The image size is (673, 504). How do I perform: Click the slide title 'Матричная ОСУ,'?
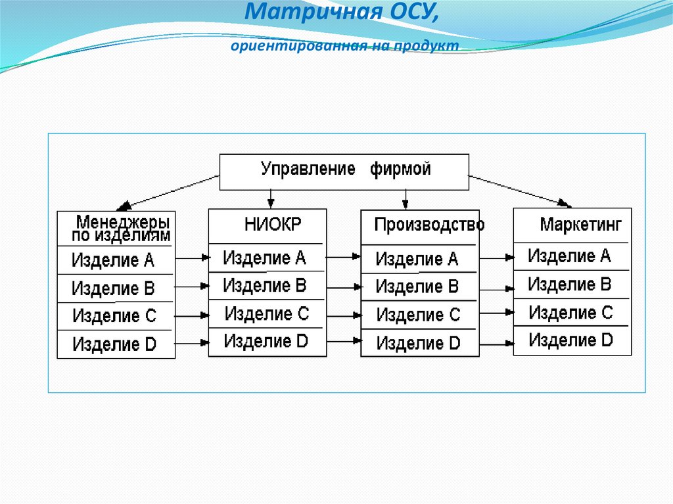342,12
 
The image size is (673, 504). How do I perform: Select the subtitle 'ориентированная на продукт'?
344,45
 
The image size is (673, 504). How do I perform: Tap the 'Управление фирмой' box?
344,172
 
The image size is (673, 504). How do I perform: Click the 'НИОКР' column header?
273,225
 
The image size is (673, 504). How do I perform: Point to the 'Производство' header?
429,225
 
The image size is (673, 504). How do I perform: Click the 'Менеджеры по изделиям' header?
121,229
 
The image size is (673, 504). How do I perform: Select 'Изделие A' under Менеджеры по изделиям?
113,260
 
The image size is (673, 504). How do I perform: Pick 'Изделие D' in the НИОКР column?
266,341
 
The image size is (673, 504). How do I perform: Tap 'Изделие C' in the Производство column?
418,315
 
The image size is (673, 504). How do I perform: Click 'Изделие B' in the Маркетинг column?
570,284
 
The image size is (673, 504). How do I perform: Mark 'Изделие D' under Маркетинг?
570,340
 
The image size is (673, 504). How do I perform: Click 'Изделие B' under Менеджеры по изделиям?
113,288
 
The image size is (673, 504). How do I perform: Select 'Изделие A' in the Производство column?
417,260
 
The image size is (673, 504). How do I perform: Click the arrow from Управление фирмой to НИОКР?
270,199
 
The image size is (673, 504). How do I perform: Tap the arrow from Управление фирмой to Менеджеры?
168,193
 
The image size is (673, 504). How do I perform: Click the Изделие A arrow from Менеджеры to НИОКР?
193,258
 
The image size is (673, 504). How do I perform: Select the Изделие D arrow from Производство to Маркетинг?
497,344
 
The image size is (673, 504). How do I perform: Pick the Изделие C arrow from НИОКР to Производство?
344,316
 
